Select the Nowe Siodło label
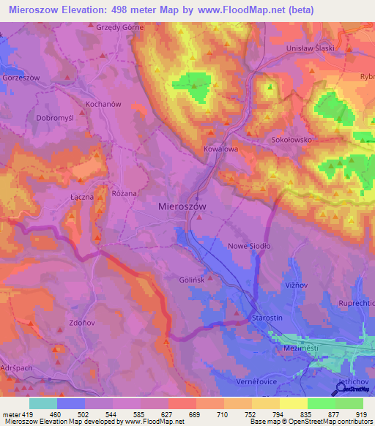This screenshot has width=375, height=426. pyautogui.click(x=250, y=247)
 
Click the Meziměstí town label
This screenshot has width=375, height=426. pyautogui.click(x=298, y=349)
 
